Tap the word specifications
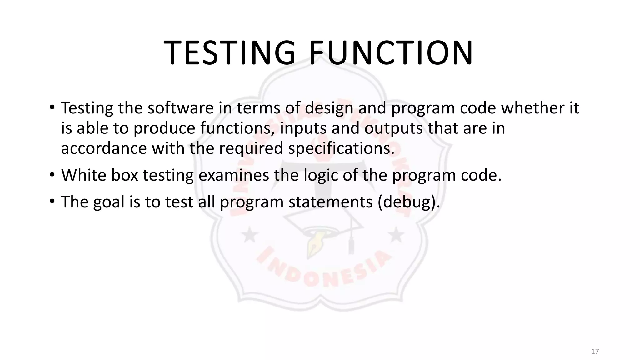click(341, 148)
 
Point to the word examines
click(233, 175)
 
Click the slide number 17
click(595, 352)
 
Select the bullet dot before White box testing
click(52, 175)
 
